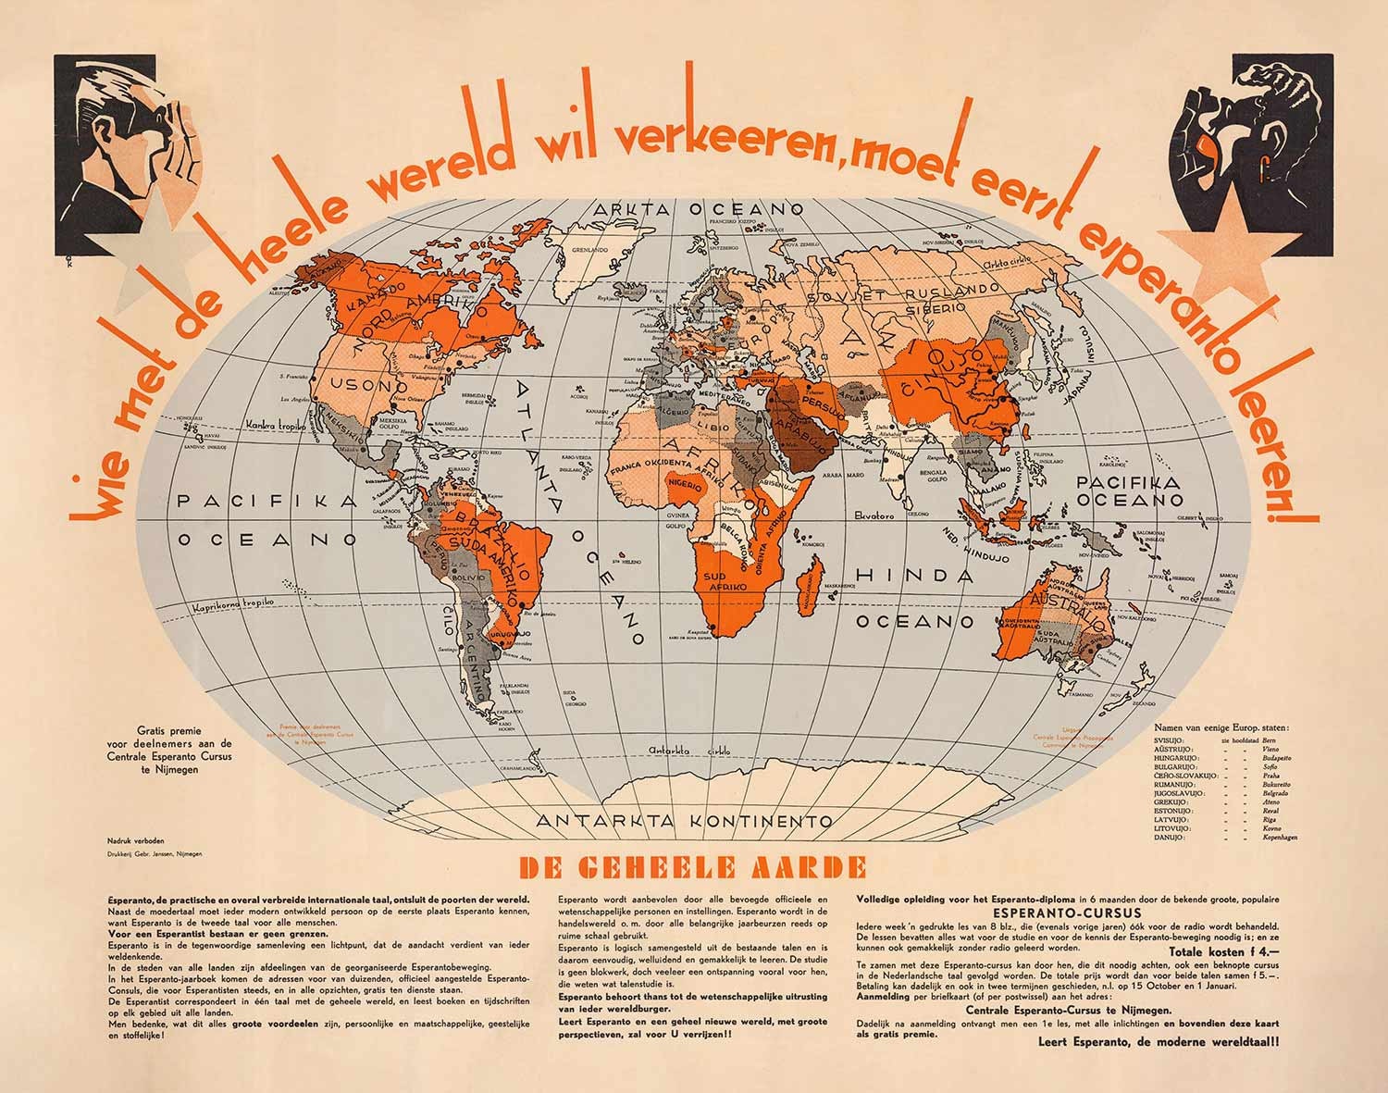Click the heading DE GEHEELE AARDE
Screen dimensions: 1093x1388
[693, 868]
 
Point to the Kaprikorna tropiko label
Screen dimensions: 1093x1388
[234, 604]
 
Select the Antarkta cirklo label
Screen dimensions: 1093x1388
[688, 749]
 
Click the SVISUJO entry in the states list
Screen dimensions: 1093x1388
[1171, 741]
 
